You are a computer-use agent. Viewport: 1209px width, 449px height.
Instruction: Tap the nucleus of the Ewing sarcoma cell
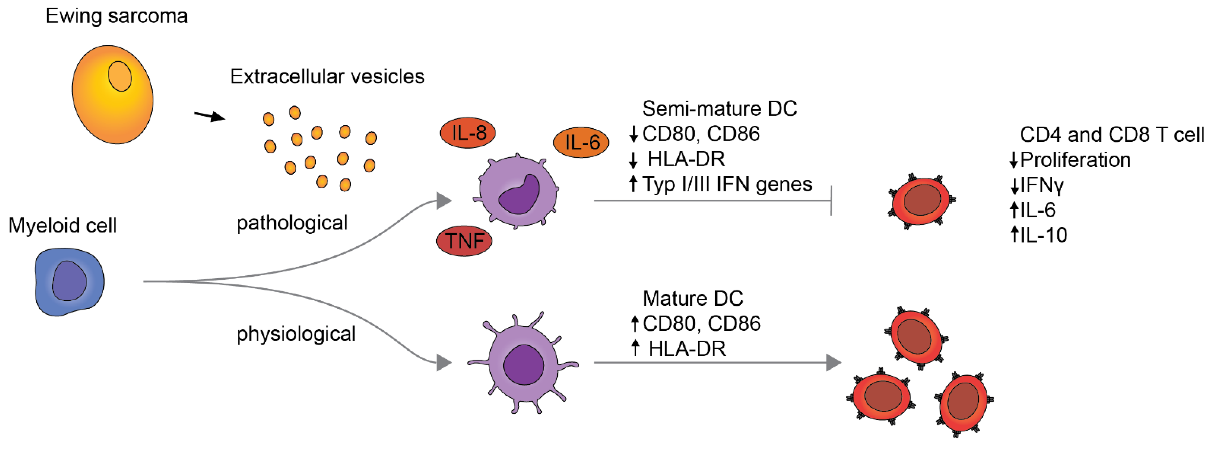(x=120, y=76)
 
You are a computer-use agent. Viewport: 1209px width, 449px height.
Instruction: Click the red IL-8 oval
(x=467, y=133)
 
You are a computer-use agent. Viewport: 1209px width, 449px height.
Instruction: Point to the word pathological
(x=292, y=223)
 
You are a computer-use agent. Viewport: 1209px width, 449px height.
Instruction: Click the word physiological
(x=296, y=334)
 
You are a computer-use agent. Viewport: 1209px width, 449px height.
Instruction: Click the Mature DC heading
(x=693, y=298)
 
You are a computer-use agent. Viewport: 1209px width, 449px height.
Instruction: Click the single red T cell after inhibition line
(x=921, y=201)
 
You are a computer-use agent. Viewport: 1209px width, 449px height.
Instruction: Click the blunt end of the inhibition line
(x=831, y=201)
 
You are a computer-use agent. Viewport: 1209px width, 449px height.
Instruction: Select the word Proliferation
(x=1075, y=160)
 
